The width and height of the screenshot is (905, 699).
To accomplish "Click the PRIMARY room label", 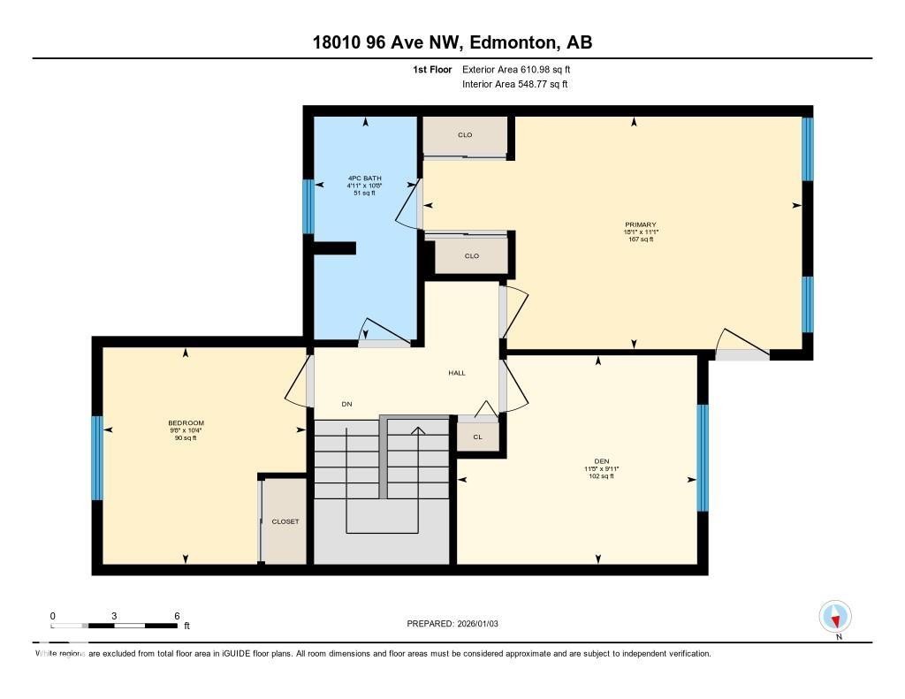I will (641, 224).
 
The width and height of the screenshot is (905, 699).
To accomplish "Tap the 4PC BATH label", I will (364, 178).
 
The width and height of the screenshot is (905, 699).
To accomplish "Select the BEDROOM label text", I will (186, 423).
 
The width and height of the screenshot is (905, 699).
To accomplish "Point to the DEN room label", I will (602, 461).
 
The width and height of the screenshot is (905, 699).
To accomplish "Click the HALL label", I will (456, 373).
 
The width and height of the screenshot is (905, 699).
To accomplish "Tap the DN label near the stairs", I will (347, 405).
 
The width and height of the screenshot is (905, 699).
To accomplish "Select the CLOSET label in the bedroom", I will (285, 521).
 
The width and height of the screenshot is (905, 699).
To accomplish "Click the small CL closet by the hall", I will (477, 437).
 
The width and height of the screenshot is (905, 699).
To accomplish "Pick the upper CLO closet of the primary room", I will (465, 135).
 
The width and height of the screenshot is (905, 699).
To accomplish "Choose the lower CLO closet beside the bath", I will (471, 256).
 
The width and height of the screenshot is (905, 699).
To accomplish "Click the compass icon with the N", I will (835, 616).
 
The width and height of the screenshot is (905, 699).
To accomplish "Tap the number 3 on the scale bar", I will (115, 616).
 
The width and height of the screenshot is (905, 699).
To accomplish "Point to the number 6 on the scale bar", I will (177, 616).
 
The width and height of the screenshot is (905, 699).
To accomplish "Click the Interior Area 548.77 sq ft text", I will (514, 85).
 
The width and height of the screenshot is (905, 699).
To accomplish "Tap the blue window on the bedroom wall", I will (97, 458).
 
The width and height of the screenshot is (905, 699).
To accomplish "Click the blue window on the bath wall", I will (308, 207).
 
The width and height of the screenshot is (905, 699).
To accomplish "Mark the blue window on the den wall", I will (703, 458).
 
